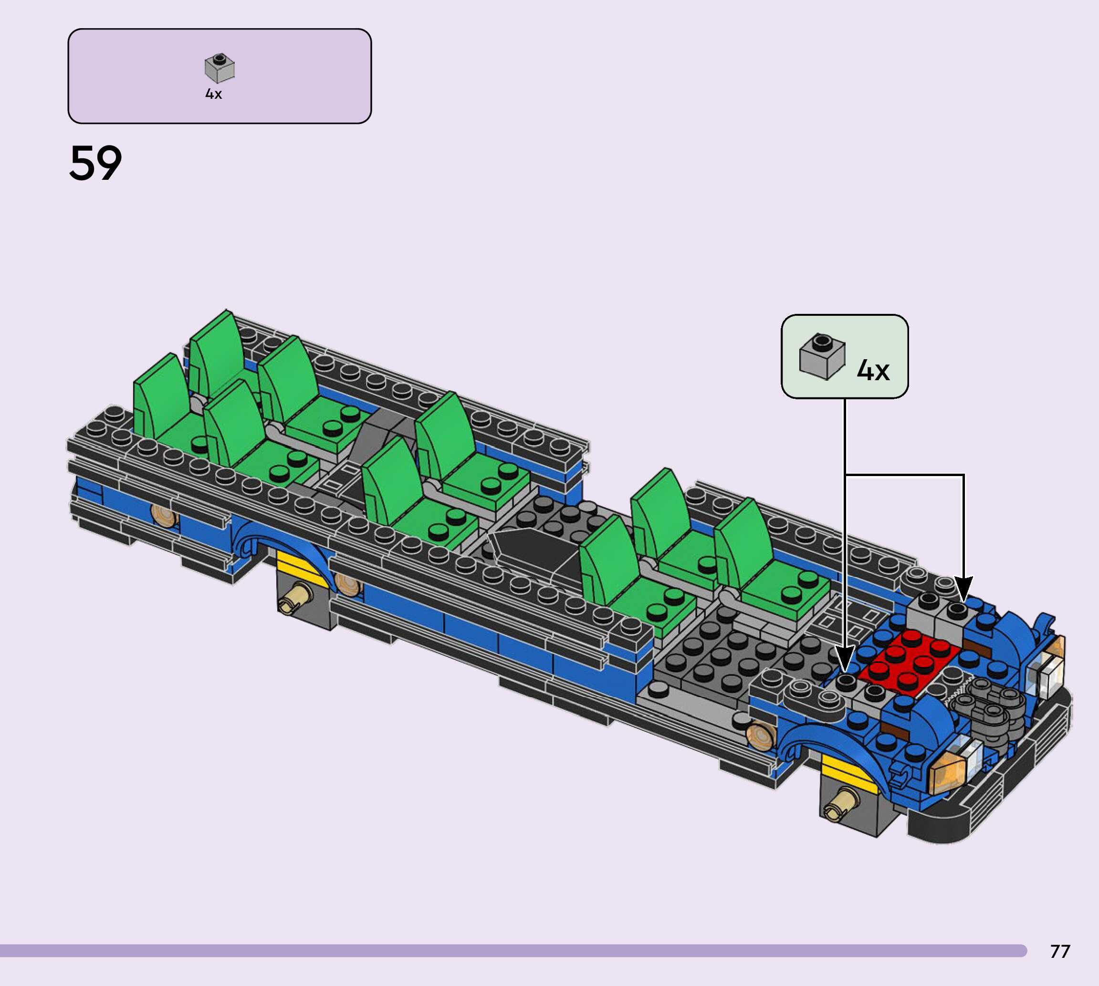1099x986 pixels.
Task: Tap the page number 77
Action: [1060, 951]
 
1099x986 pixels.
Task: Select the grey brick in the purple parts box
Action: [220, 68]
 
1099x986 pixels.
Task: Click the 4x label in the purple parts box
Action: [213, 94]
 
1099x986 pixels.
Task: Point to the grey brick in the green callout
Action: [822, 356]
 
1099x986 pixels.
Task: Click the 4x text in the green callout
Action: [873, 371]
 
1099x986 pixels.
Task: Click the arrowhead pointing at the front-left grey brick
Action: [844, 660]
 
